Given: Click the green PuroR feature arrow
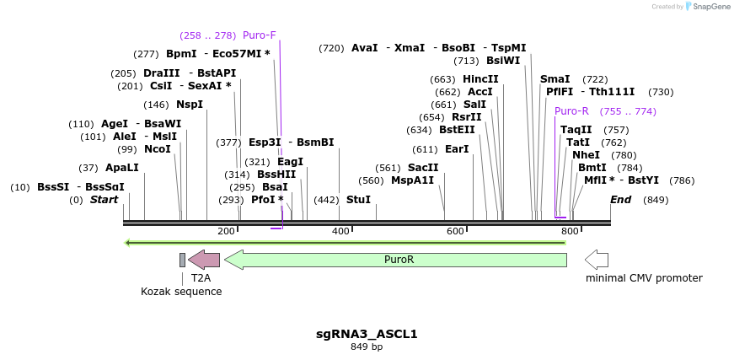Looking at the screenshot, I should pyautogui.click(x=396, y=260).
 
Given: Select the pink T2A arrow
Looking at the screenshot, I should pyautogui.click(x=204, y=260).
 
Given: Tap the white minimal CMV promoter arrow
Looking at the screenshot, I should pyautogui.click(x=597, y=260).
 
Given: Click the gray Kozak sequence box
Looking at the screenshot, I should pyautogui.click(x=182, y=260).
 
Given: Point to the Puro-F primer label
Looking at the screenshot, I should pyautogui.click(x=259, y=35).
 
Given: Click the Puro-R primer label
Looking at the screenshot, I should pyautogui.click(x=571, y=111).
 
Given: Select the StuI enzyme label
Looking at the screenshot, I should pyautogui.click(x=358, y=200).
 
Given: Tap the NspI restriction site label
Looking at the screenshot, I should pyautogui.click(x=190, y=105).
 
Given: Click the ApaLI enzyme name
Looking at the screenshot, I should pyautogui.click(x=121, y=168).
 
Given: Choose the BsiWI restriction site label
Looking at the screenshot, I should pyautogui.click(x=503, y=61).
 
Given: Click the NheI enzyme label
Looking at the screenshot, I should pyautogui.click(x=586, y=155).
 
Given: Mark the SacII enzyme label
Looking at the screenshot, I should pyautogui.click(x=423, y=168).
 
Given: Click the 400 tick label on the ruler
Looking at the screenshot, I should pyautogui.click(x=340, y=231).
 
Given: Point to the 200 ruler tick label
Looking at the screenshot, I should pyautogui.click(x=226, y=231).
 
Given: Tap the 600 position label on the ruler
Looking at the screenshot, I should pyautogui.click(x=455, y=231).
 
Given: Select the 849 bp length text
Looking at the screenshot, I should pyautogui.click(x=367, y=347).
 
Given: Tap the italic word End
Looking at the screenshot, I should pyautogui.click(x=620, y=200).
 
